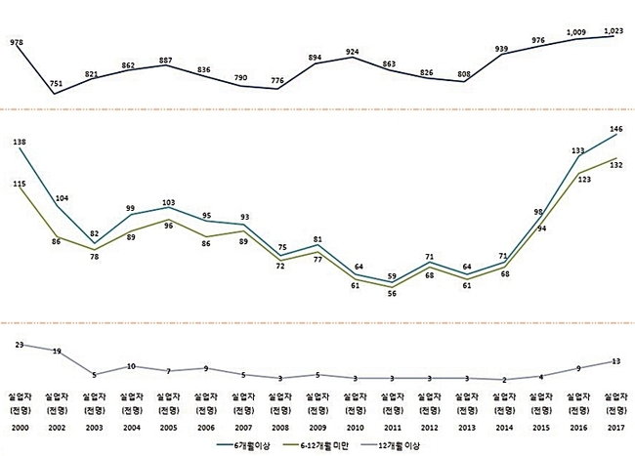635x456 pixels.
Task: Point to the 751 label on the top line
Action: pyautogui.click(x=56, y=82)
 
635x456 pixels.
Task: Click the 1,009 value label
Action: pyautogui.click(x=578, y=32)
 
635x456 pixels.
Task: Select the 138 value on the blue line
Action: pyautogui.click(x=20, y=143)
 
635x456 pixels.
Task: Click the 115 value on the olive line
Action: pyautogui.click(x=20, y=184)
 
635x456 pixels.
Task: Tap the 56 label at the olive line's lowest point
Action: pyautogui.click(x=390, y=295)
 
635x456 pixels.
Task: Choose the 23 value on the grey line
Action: pyautogui.click(x=20, y=344)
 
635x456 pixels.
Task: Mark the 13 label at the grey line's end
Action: pyautogui.click(x=614, y=361)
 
